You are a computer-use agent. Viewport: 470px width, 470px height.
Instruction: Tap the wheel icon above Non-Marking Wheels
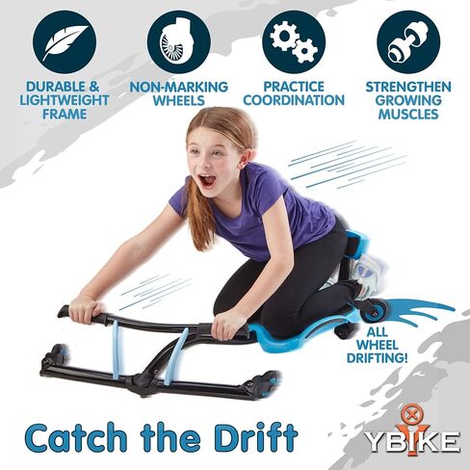[178, 40]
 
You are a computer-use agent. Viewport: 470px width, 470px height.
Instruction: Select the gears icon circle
[294, 40]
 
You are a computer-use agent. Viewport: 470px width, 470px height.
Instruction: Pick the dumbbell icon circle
[406, 40]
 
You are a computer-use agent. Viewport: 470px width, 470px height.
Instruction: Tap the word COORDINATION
[294, 100]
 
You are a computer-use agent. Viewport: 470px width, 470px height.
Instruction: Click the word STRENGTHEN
[408, 87]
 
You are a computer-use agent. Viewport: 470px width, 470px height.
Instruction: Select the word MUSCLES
[408, 115]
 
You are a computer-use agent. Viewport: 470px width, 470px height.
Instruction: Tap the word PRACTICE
[294, 87]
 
